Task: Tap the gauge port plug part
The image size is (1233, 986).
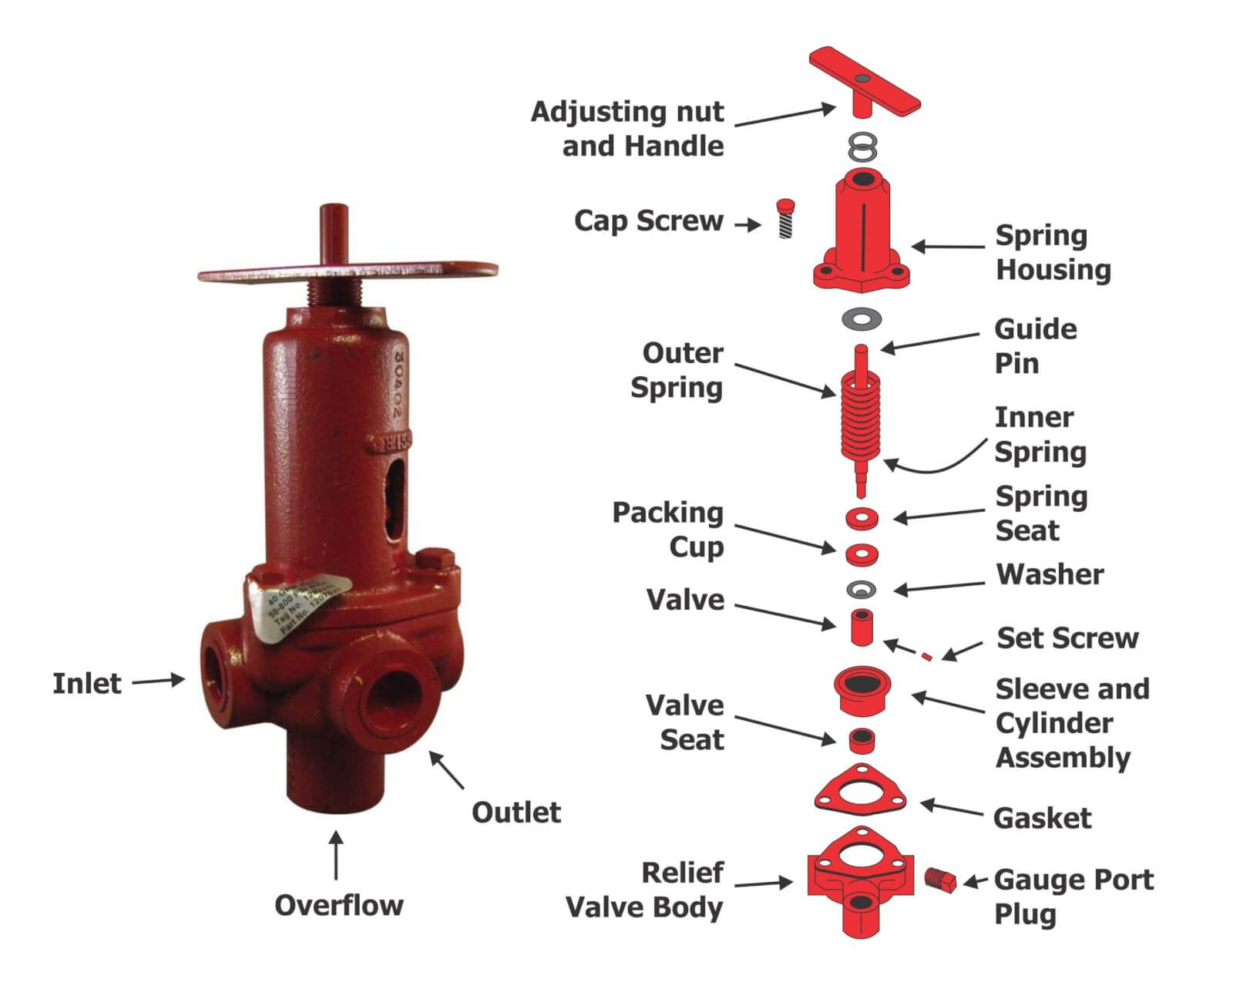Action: click(939, 880)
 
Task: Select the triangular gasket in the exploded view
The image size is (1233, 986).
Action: click(860, 791)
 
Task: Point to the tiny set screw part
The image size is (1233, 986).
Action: click(927, 657)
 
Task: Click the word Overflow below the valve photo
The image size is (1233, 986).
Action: click(338, 905)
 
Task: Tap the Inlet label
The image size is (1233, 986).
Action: click(86, 683)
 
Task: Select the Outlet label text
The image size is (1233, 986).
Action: click(516, 812)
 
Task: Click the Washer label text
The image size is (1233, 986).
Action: click(1049, 574)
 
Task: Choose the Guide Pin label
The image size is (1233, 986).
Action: click(1034, 345)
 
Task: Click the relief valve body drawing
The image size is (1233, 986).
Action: click(860, 879)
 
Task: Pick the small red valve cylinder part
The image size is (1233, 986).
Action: click(861, 628)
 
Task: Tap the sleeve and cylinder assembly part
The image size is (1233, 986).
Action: click(862, 689)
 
